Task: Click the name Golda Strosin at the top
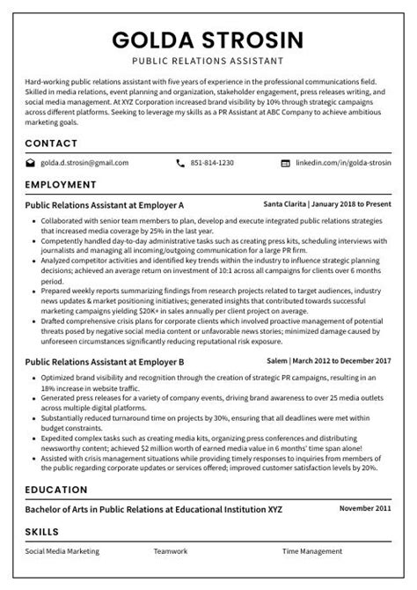click(x=208, y=40)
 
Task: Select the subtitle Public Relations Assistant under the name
click(x=208, y=62)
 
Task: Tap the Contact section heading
click(x=51, y=143)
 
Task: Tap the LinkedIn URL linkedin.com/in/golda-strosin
click(x=343, y=163)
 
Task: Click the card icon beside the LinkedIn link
click(x=284, y=163)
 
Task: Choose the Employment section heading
click(x=61, y=185)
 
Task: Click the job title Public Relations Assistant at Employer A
click(x=105, y=204)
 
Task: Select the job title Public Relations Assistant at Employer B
click(x=105, y=361)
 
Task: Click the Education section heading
click(x=56, y=490)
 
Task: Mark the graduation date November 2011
click(x=365, y=509)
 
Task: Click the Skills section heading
click(x=42, y=532)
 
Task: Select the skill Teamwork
click(x=170, y=551)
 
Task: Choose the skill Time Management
click(x=312, y=551)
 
